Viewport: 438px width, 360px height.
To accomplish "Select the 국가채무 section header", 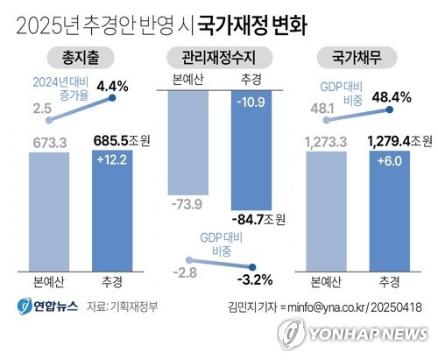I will (x=359, y=60).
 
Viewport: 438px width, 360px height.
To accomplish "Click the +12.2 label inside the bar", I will (x=112, y=160).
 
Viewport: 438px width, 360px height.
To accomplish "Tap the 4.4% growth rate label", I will (x=113, y=87).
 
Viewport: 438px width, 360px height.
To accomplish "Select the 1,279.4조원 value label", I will (x=394, y=139).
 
